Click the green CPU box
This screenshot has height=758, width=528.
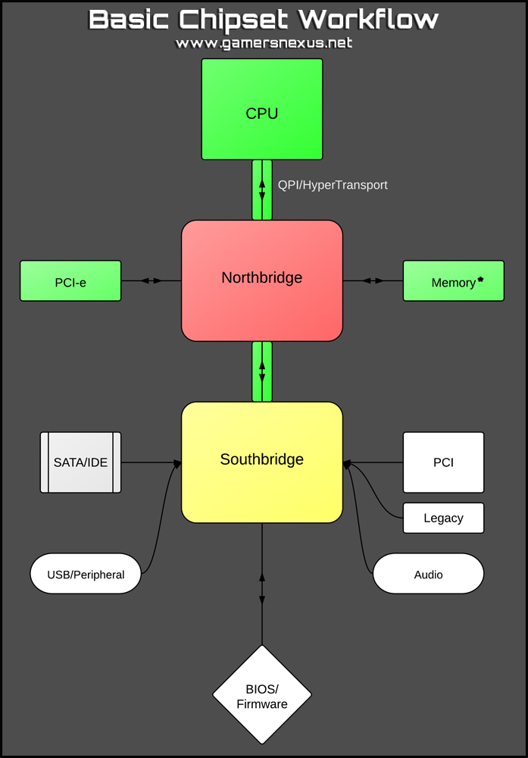(x=262, y=109)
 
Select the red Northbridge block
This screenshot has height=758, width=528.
(x=262, y=280)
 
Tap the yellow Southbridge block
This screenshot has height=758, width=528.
(x=262, y=462)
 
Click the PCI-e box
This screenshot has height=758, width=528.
(x=70, y=281)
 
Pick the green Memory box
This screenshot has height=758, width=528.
(x=453, y=281)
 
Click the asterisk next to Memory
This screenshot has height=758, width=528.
(x=480, y=280)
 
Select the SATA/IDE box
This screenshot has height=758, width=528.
(x=80, y=462)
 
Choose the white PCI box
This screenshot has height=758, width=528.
(x=443, y=462)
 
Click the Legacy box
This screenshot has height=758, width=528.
(x=443, y=518)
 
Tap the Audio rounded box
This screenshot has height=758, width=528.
(x=428, y=574)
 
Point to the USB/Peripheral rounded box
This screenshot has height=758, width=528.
(x=86, y=574)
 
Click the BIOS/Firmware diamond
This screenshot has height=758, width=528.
(x=262, y=695)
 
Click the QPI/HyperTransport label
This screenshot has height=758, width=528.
(x=333, y=185)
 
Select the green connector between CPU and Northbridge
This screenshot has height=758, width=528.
(x=262, y=189)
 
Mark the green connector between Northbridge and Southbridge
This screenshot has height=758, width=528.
(x=262, y=371)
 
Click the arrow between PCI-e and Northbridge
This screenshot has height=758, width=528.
(x=152, y=280)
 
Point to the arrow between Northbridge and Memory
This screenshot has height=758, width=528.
(x=373, y=280)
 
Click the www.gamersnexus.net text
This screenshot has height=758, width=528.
(x=264, y=43)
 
